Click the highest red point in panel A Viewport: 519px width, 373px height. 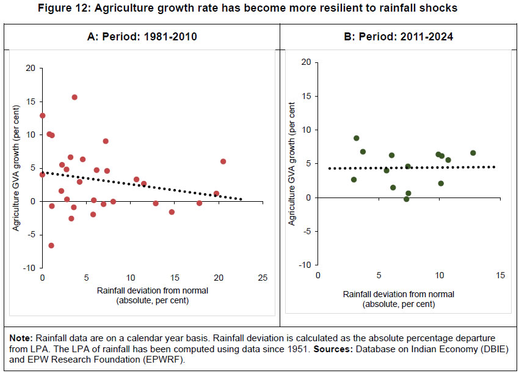coord(74,97)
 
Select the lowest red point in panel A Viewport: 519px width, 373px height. coord(51,245)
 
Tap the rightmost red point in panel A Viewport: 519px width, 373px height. coord(223,161)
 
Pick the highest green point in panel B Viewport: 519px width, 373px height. coord(357,138)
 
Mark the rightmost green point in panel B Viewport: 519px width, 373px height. coord(473,153)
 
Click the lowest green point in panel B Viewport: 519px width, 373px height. coord(406,199)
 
